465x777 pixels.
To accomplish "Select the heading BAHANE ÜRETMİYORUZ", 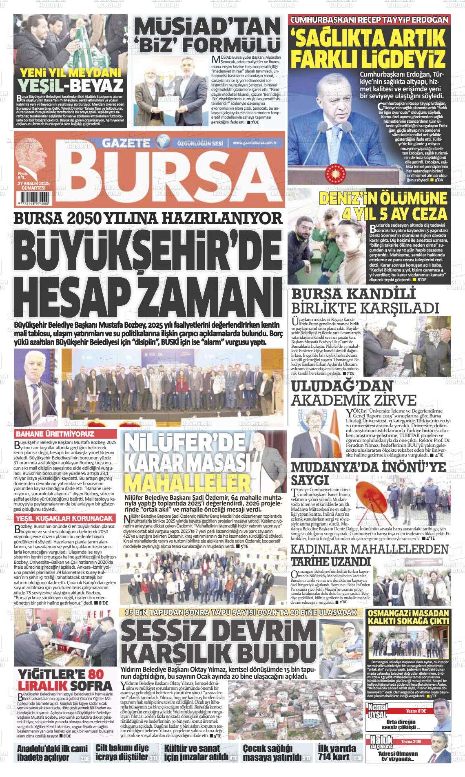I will tap(50, 434).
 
